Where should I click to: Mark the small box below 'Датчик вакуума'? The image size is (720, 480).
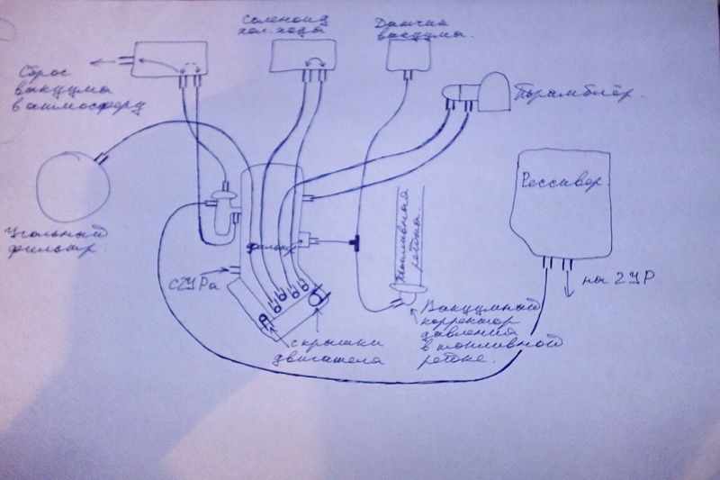pos(410,57)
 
